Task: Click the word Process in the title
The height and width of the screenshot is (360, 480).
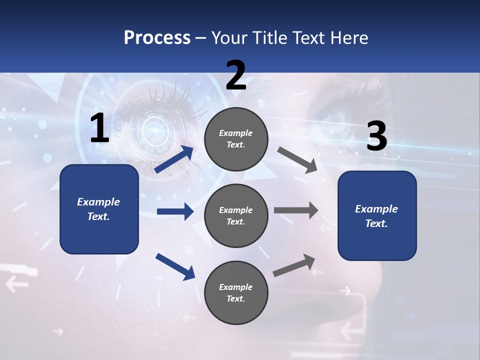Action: click(x=157, y=37)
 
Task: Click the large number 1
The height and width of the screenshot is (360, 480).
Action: click(x=99, y=128)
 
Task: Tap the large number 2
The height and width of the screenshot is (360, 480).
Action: click(x=236, y=75)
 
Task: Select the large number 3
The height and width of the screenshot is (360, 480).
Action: click(x=376, y=136)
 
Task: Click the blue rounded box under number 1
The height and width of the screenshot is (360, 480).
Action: click(x=99, y=209)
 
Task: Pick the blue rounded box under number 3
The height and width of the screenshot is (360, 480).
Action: click(x=377, y=216)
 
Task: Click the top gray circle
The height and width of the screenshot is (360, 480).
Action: click(x=236, y=139)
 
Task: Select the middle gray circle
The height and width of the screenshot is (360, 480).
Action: click(x=236, y=215)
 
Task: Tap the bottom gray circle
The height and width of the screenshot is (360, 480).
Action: click(x=236, y=292)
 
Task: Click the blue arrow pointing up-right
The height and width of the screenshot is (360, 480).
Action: click(x=174, y=159)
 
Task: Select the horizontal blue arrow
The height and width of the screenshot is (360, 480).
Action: click(x=175, y=211)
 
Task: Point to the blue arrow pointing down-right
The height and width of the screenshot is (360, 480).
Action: click(x=175, y=266)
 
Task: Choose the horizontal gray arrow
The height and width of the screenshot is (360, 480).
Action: click(x=296, y=210)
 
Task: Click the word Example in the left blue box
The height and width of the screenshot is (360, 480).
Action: click(x=98, y=202)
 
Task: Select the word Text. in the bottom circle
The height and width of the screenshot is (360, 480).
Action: click(x=236, y=298)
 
